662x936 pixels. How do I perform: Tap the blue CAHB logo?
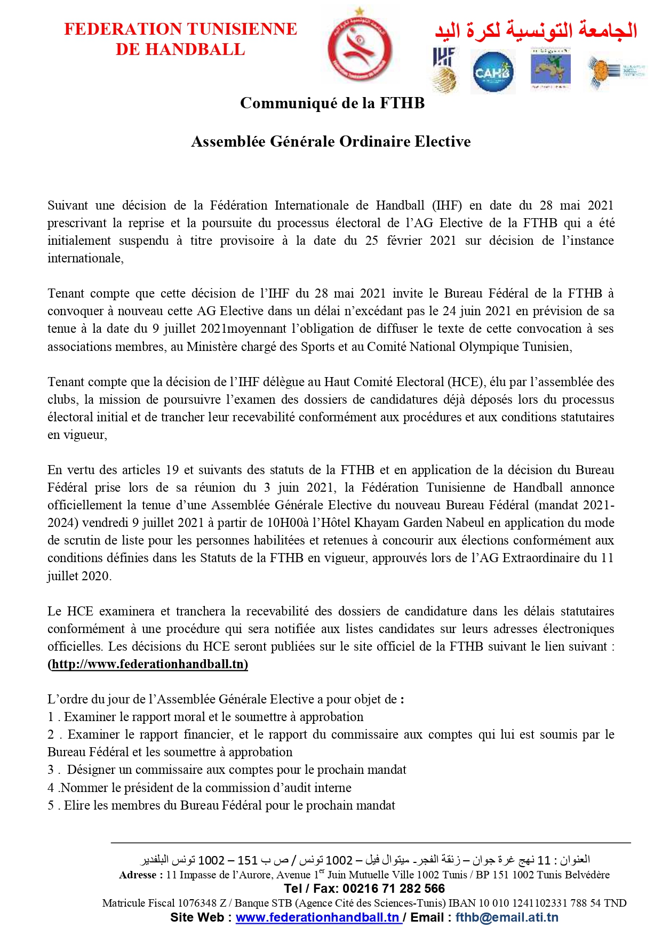point(492,72)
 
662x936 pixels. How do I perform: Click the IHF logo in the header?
point(443,69)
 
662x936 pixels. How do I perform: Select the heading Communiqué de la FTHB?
point(332,103)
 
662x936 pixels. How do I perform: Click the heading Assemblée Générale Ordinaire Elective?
point(331,141)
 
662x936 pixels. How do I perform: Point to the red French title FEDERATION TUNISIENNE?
point(180,29)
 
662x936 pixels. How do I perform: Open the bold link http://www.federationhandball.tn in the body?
point(148,664)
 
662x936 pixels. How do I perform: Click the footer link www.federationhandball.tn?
point(318,917)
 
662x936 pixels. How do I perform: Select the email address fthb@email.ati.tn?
point(507,917)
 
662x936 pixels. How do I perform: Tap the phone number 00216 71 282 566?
point(394,889)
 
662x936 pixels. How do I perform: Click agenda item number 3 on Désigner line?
point(51,770)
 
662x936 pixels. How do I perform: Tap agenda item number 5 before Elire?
point(51,805)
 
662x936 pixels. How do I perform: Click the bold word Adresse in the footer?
point(138,875)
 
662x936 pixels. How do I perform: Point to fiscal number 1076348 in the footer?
point(197,903)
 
